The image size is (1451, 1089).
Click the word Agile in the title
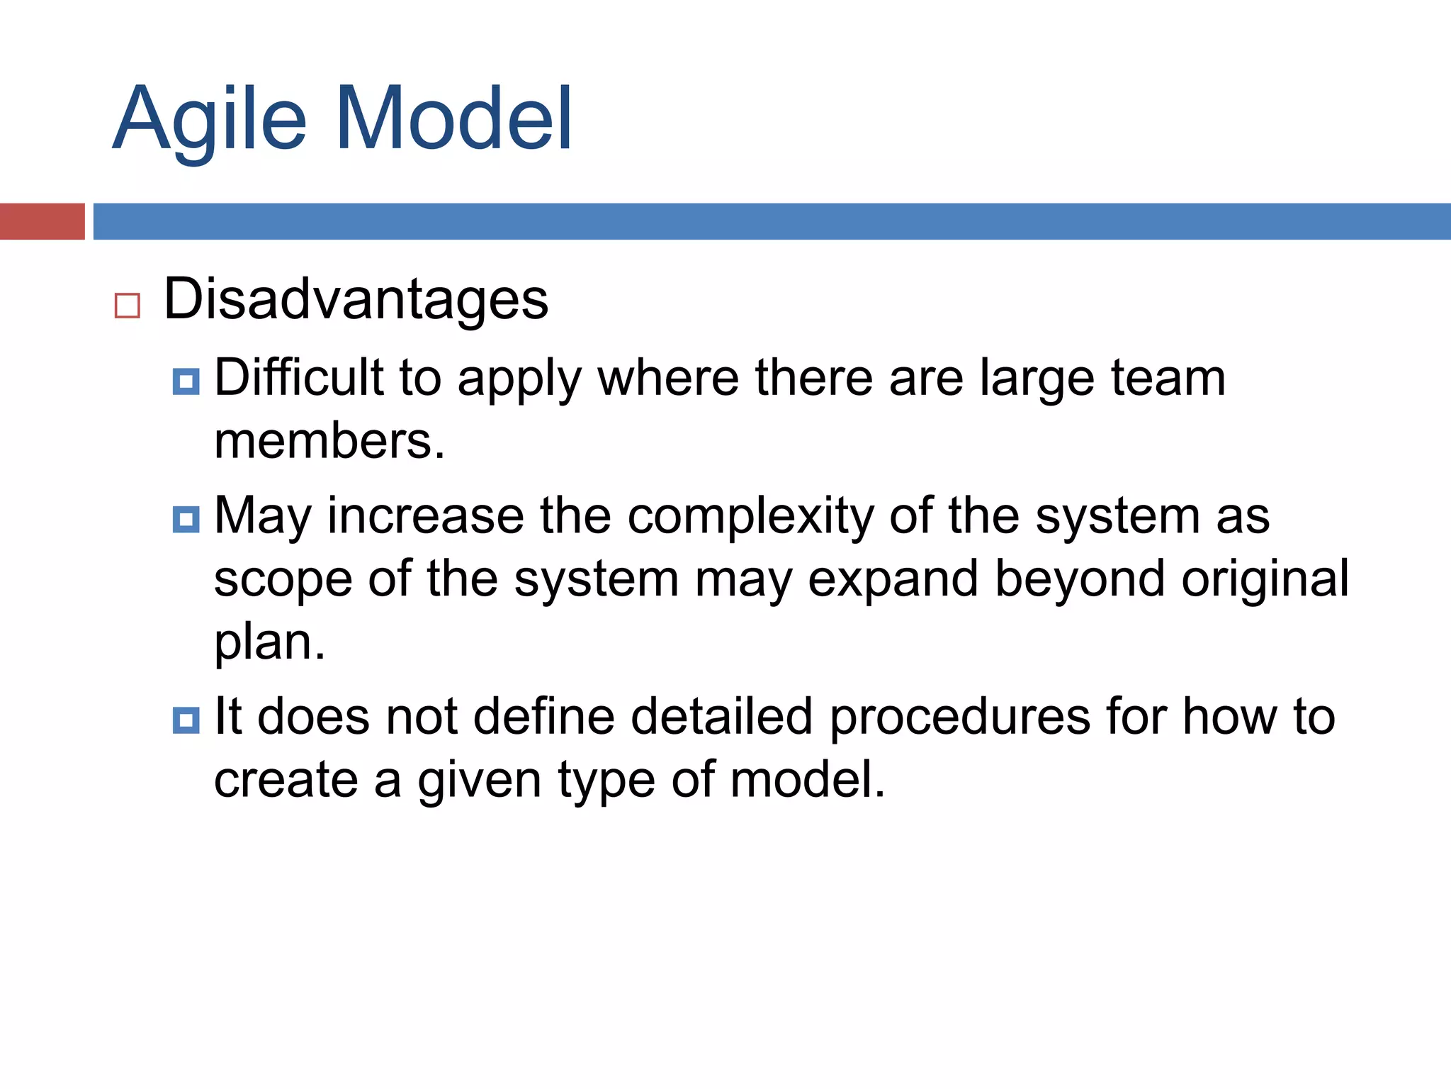(x=210, y=121)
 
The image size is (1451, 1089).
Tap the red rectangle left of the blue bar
(x=42, y=221)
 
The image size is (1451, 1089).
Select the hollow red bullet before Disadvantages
(x=128, y=306)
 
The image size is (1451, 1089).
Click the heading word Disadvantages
(x=356, y=299)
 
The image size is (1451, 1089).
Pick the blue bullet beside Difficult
(x=186, y=381)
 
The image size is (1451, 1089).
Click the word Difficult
(x=298, y=377)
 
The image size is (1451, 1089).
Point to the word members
(x=329, y=441)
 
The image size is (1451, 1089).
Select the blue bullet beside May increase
(x=186, y=519)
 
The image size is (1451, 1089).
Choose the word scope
(x=283, y=580)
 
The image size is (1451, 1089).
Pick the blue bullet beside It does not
(x=186, y=720)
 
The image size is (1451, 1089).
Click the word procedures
(x=960, y=717)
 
